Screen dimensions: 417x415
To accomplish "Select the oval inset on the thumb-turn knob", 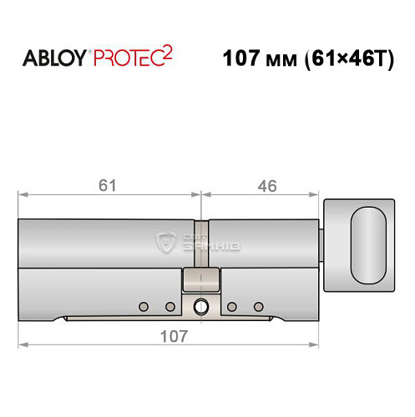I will [368, 247].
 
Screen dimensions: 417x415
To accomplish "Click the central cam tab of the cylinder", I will [200, 280].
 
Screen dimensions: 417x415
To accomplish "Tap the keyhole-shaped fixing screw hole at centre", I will [200, 306].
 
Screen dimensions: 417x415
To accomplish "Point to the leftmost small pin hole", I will [144, 304].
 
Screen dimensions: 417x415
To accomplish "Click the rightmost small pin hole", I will [258, 304].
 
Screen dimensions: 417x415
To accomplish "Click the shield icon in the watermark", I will [164, 242].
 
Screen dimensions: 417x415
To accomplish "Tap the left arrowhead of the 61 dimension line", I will [23, 197].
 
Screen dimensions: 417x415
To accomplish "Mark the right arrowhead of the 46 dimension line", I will [318, 197].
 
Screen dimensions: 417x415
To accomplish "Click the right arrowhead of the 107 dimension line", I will [318, 344].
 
